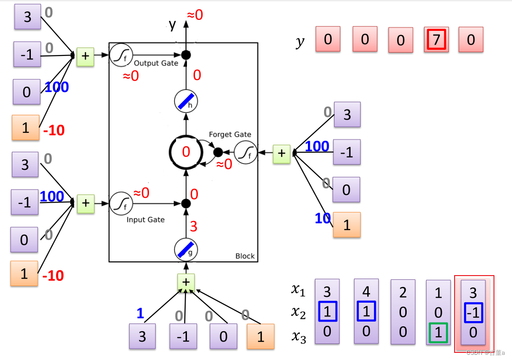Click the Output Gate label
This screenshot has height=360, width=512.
coord(156,63)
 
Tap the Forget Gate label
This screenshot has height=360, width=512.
coord(230,134)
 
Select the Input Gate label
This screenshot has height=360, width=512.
coord(145,220)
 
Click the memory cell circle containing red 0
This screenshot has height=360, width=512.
coord(186,152)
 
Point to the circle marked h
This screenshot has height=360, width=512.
coord(186,102)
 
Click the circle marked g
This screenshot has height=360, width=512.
coord(186,249)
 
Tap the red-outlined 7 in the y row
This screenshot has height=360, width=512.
coord(436,39)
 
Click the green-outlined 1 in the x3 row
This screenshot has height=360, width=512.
coord(438,332)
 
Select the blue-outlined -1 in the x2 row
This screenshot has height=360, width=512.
coord(473,313)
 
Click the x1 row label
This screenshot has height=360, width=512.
coord(298,290)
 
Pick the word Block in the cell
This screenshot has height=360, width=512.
coord(245,256)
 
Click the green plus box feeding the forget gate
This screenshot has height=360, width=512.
coord(281,153)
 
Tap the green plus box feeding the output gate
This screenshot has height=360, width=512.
coord(85,56)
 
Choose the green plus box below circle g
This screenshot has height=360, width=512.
coord(186,282)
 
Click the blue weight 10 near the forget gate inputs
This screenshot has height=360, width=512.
coord(323,218)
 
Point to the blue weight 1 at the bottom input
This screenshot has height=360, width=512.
coord(140,313)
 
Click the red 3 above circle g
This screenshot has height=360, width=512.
coord(193,226)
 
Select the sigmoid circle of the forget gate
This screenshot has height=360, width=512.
coord(245,153)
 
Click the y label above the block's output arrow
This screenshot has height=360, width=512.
coord(172,24)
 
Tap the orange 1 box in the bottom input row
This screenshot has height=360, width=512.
coord(260,336)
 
